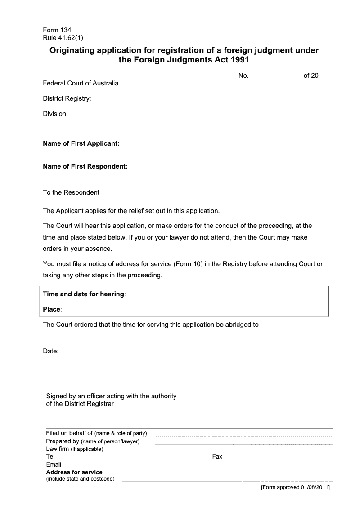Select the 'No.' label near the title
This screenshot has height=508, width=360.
(243, 76)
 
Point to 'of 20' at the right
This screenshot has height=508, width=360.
(311, 76)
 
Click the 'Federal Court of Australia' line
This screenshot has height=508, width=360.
(81, 83)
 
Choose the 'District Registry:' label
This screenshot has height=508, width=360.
(67, 98)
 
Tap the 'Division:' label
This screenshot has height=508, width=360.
(55, 114)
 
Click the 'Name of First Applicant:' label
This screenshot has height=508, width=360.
(81, 144)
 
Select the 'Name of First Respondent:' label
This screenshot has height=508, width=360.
(85, 166)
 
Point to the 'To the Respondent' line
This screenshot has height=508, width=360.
(71, 192)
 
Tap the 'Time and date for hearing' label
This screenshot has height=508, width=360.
(83, 294)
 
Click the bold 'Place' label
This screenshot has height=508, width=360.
(51, 309)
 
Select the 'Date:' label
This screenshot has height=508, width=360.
(51, 351)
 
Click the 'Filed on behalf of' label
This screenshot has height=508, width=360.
(69, 433)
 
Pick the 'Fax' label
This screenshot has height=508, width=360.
(217, 456)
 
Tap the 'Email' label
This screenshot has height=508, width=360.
(54, 464)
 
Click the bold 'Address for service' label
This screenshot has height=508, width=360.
(74, 472)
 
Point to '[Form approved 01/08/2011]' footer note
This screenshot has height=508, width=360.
(296, 487)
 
